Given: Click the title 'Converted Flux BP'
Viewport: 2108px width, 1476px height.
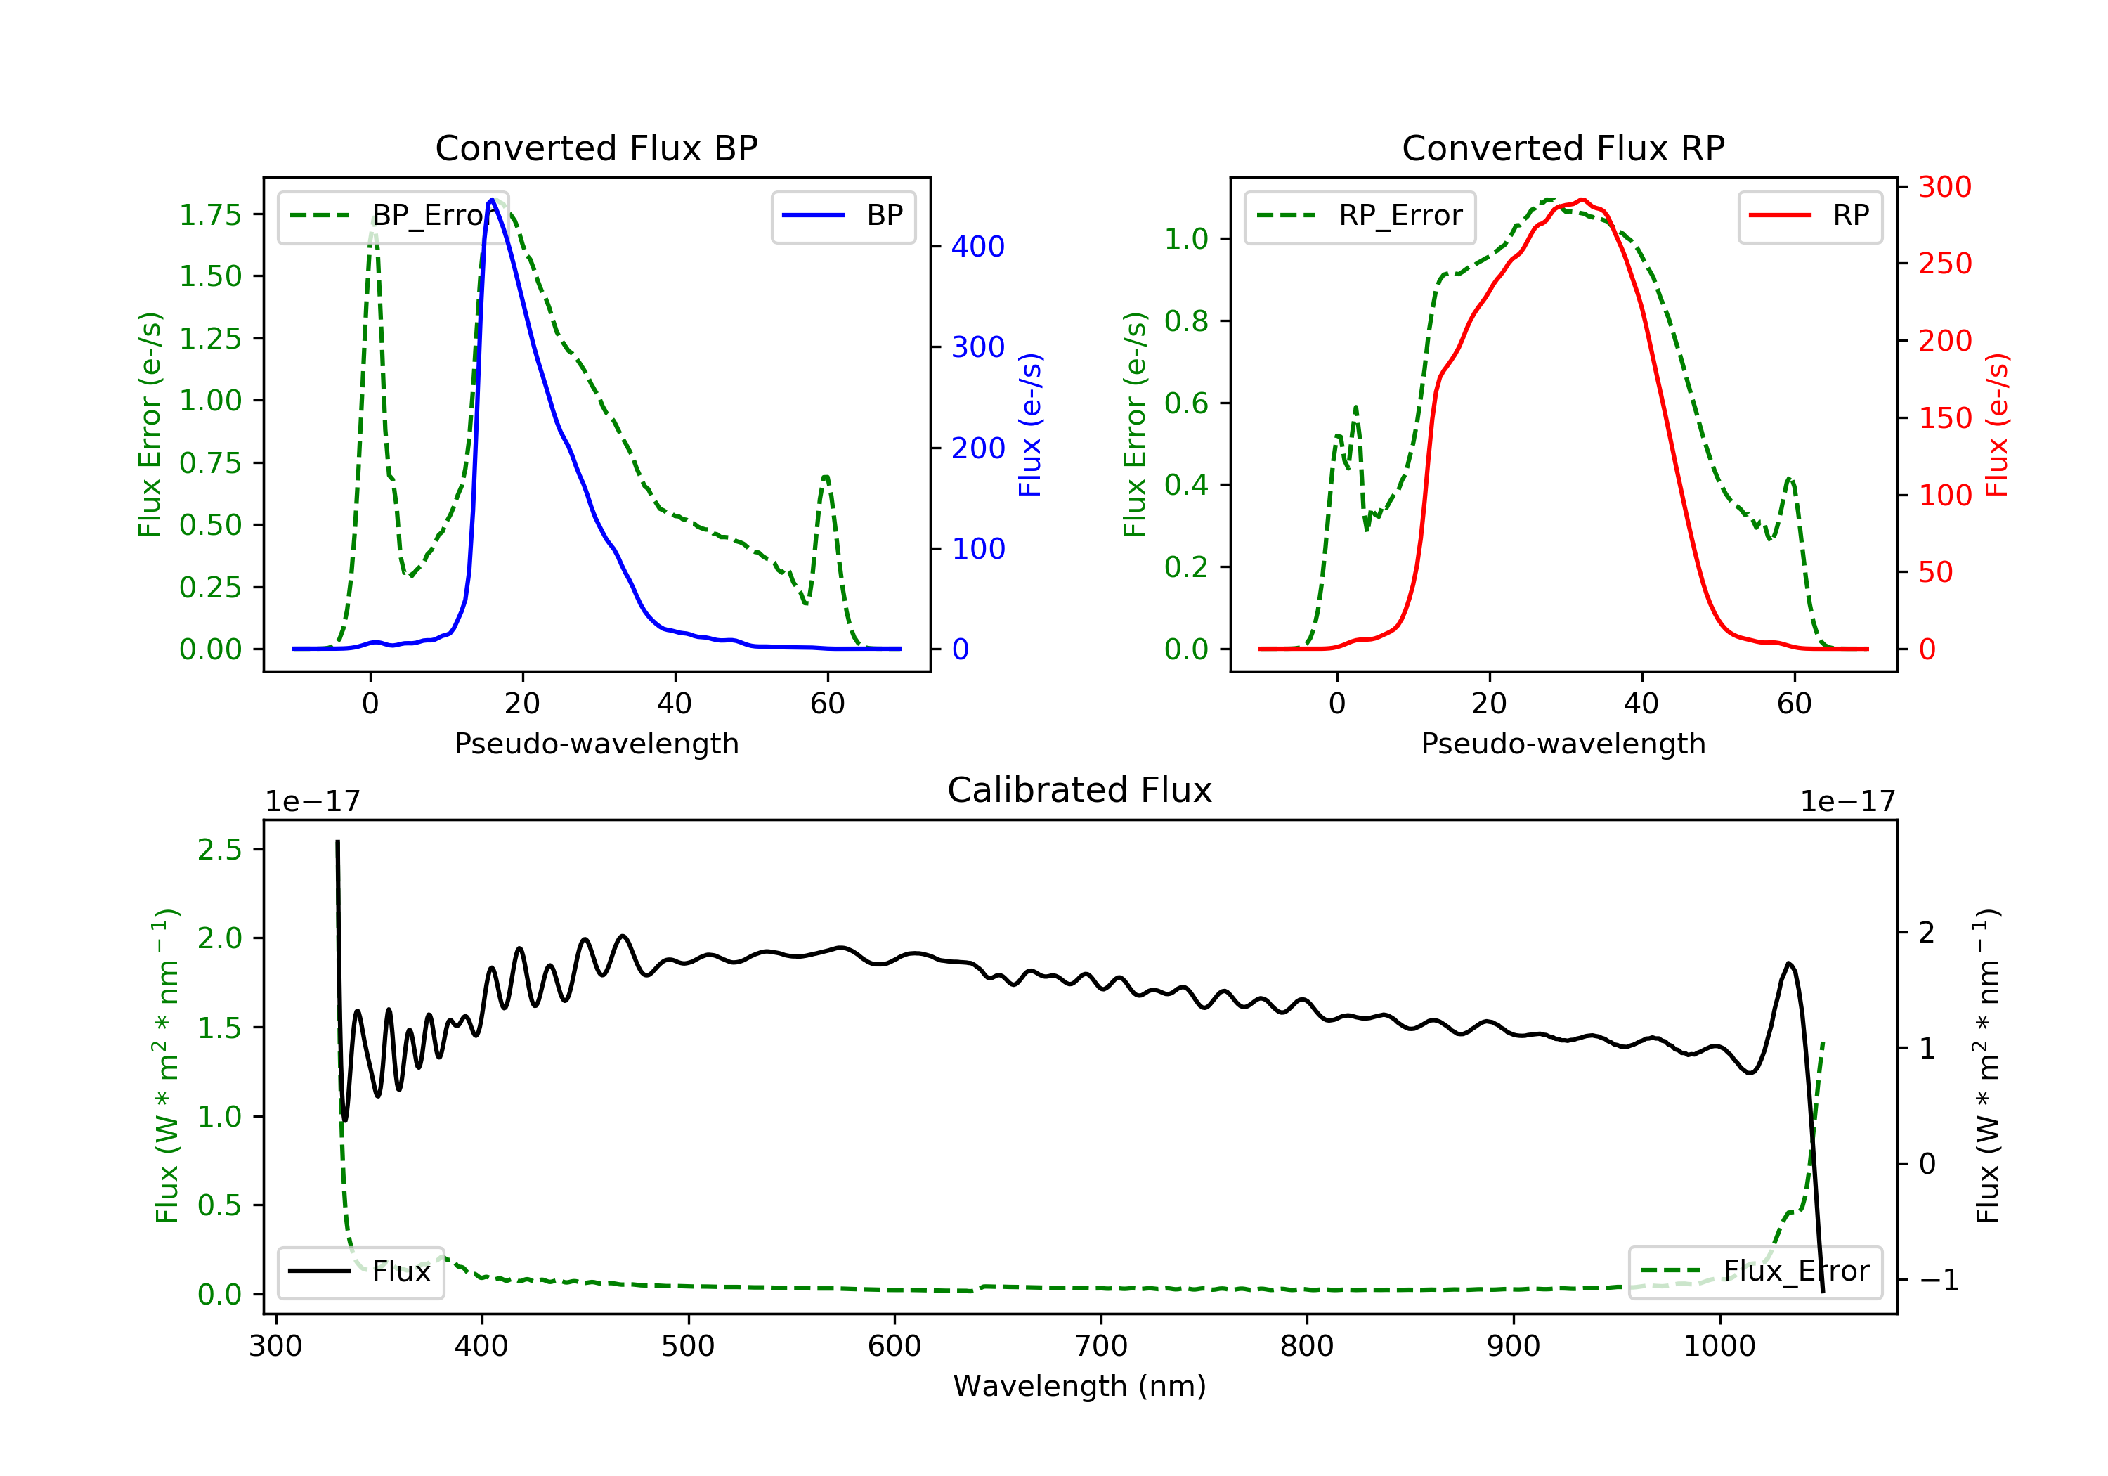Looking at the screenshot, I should coord(596,148).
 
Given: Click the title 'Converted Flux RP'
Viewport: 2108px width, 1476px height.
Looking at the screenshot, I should coord(1563,148).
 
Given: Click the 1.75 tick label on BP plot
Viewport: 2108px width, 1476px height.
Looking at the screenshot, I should coord(210,215).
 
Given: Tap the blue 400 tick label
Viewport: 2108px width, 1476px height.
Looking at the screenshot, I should coord(978,246).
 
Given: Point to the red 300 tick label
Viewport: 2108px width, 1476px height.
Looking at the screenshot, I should coord(1944,188).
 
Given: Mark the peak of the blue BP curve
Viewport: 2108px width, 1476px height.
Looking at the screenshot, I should coord(492,200).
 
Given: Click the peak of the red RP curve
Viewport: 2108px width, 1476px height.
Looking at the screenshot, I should coord(1582,200).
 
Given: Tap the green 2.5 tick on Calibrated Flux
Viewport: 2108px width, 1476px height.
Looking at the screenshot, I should coord(219,850).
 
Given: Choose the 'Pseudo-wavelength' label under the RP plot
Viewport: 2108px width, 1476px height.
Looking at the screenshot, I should coord(1563,743).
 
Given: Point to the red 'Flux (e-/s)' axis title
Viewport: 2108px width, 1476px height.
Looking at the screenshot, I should coord(1997,425).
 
